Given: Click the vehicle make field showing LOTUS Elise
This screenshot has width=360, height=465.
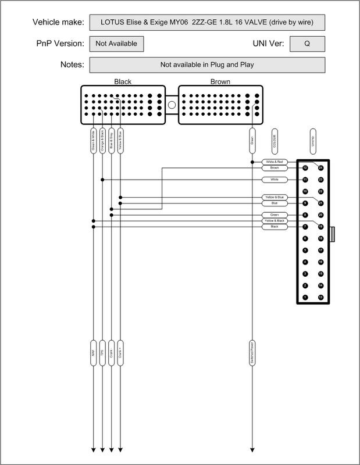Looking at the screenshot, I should [206, 23].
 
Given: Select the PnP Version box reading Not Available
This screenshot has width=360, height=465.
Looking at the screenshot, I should [116, 44].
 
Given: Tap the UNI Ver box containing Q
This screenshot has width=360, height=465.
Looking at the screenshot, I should [306, 44].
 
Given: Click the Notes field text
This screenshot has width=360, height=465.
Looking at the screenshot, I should [206, 65].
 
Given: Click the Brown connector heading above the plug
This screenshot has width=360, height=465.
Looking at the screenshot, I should [220, 82].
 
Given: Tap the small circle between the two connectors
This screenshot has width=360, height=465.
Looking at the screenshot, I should [172, 105].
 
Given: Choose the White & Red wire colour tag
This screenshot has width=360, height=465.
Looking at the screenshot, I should [275, 162].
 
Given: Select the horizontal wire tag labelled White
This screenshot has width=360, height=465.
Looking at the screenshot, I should [275, 180].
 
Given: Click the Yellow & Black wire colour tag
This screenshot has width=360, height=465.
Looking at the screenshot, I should [275, 221].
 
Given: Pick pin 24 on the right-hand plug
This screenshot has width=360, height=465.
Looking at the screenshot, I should [320, 167].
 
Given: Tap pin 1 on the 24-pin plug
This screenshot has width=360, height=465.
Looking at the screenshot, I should [305, 298].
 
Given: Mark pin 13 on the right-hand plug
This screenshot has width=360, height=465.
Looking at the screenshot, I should [320, 298].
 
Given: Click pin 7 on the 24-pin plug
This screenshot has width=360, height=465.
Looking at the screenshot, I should [305, 227].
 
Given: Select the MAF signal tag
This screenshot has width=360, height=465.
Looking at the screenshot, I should [93, 353].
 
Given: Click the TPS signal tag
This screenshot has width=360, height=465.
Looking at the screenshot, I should [102, 353].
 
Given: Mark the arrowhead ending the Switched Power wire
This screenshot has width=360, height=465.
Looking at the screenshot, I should [252, 449].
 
